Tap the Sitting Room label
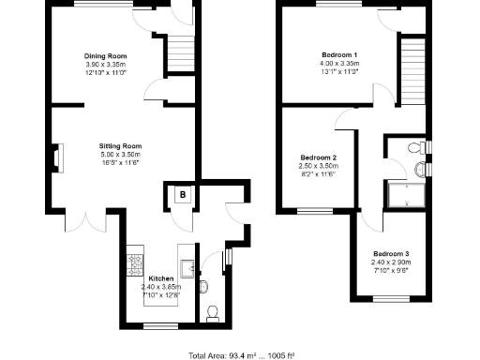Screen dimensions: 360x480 [x=121, y=146]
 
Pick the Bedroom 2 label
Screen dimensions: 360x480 [x=319, y=157]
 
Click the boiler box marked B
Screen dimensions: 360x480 [x=183, y=196]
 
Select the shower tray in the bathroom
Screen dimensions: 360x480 [x=404, y=194]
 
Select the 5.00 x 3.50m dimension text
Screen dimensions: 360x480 [x=121, y=155]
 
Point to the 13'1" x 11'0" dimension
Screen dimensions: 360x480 [x=337, y=71]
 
